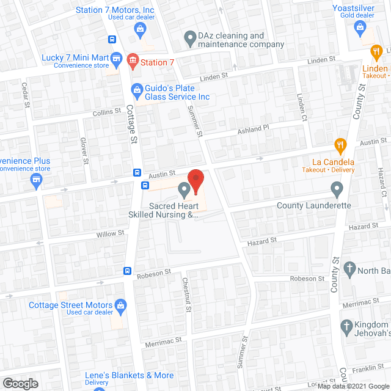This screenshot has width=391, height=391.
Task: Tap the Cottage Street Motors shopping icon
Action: [121, 305]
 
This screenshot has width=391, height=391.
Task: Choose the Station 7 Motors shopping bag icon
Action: [141, 27]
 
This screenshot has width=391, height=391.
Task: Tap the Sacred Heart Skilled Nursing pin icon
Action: [184, 191]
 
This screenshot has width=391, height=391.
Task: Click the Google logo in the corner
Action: [20, 383]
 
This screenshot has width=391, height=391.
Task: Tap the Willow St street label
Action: [111, 233]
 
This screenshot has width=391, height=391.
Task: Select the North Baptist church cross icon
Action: [349, 268]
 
